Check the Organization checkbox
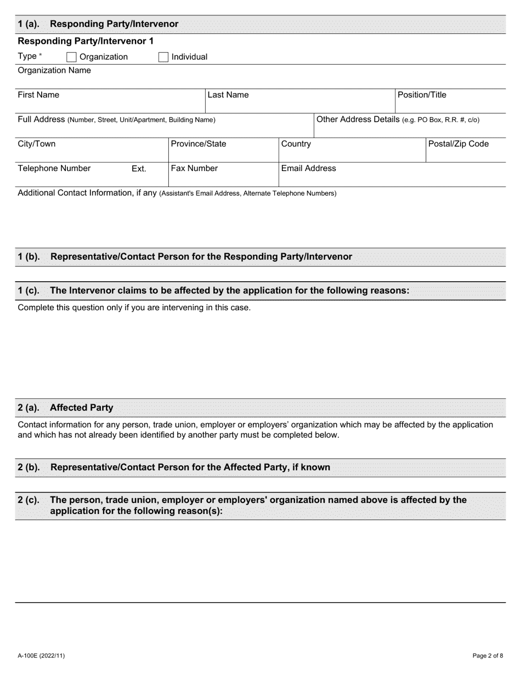(71, 57)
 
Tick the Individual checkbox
(163, 57)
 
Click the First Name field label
(38, 95)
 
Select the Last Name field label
(228, 95)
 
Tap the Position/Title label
(422, 95)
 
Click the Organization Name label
(54, 70)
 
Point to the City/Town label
(37, 144)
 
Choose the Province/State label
(199, 144)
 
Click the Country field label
(296, 144)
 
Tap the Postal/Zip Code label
(458, 144)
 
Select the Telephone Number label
(54, 168)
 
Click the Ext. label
(139, 169)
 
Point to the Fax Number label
(194, 168)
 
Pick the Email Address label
(308, 168)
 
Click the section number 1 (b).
(29, 256)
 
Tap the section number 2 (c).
(29, 500)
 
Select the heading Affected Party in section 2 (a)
(82, 408)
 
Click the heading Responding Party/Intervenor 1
(86, 41)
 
